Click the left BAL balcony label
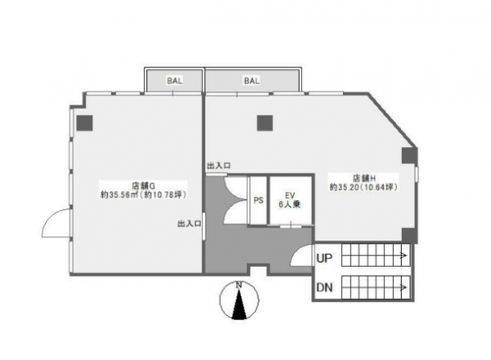click(174, 81)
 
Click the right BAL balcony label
click(252, 81)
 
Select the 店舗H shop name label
click(364, 178)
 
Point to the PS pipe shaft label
click(259, 200)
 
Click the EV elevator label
click(290, 196)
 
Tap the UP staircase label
click(324, 259)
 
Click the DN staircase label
click(324, 287)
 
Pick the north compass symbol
click(240, 300)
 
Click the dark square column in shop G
click(85, 123)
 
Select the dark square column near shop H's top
click(265, 123)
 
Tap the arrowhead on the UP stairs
click(405, 255)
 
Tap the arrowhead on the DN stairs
click(405, 287)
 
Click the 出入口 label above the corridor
click(218, 165)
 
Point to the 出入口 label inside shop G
click(189, 223)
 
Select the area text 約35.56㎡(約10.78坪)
click(144, 195)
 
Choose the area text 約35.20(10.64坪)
click(364, 187)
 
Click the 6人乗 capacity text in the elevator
click(290, 205)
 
